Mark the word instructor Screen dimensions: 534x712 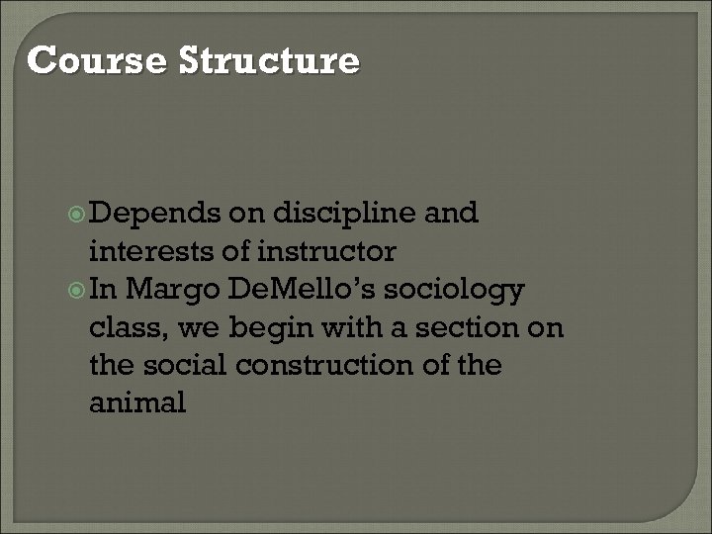pyautogui.click(x=325, y=251)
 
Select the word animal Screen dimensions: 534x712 pyautogui.click(x=136, y=403)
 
